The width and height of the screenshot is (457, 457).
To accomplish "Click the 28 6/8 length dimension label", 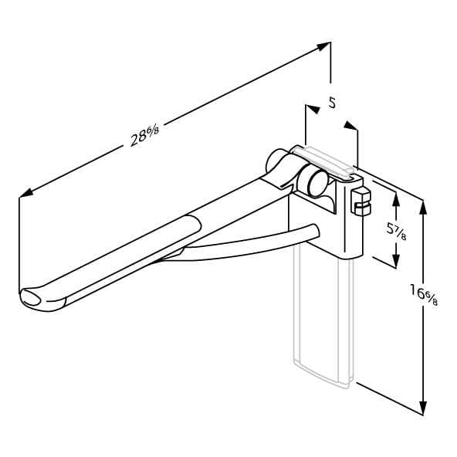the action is pos(145,136).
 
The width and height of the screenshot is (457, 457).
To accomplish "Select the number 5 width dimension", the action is pos(332,103).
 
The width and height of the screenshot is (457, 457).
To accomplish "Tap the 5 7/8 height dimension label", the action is pos(396,232).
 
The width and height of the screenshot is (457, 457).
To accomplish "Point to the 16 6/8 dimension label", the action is pos(424,294).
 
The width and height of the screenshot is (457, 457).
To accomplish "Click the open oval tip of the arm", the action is pos(30,298).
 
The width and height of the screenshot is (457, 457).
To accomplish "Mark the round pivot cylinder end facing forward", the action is pos(318,183).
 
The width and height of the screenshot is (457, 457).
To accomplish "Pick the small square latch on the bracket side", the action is pos(361,201).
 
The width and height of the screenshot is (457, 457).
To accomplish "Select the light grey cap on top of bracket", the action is pos(323,163).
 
